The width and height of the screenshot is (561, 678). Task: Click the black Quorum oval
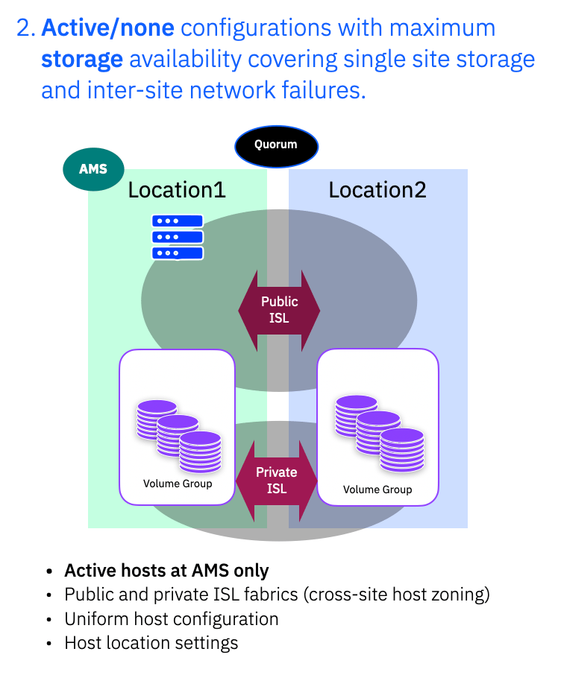click(x=276, y=145)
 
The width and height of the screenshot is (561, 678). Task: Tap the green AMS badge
click(x=93, y=168)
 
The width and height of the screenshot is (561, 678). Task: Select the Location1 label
click(x=177, y=190)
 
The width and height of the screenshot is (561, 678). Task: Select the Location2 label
click(x=377, y=190)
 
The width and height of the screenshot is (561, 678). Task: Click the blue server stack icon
click(x=178, y=237)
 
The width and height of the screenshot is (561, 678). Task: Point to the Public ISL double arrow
click(x=279, y=310)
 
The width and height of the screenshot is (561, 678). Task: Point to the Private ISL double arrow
click(x=277, y=481)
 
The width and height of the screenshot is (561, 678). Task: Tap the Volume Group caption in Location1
click(x=178, y=484)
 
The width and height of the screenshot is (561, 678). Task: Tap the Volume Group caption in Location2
click(x=377, y=490)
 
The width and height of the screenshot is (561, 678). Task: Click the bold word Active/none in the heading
click(x=108, y=28)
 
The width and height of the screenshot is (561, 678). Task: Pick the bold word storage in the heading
click(x=81, y=60)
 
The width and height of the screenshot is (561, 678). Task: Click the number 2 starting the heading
click(x=25, y=28)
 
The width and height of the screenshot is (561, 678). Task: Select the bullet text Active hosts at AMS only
click(x=166, y=571)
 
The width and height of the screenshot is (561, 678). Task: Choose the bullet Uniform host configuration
click(x=172, y=619)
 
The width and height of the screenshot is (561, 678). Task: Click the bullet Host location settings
click(x=151, y=643)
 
